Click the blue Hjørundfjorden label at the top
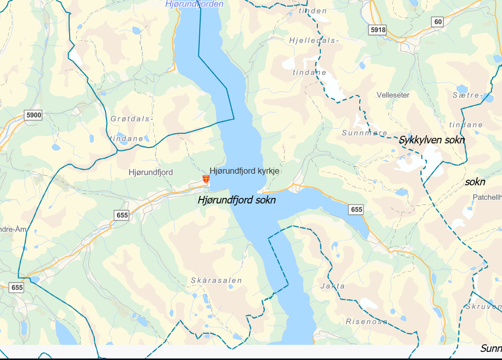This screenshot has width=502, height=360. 194,4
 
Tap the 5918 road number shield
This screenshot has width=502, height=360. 377,30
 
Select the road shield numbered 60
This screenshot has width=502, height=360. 437,21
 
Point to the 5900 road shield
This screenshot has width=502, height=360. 33,115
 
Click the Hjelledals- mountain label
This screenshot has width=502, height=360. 314,40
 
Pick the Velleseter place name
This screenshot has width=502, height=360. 393,95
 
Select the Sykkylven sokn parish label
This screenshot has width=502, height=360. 432,140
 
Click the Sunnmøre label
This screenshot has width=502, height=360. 364,133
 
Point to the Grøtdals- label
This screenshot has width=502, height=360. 131,119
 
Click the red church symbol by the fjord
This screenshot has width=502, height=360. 206,179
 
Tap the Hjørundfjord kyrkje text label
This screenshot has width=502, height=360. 244,171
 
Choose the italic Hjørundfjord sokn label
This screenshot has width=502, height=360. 237,200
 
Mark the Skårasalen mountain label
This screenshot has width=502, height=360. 216,280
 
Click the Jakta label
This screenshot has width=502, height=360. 332,286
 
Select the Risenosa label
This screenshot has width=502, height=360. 367,321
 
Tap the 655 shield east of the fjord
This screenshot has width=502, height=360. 356,209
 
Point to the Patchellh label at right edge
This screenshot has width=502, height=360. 487,197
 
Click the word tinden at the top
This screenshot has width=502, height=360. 312,11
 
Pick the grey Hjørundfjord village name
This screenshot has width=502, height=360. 150,172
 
